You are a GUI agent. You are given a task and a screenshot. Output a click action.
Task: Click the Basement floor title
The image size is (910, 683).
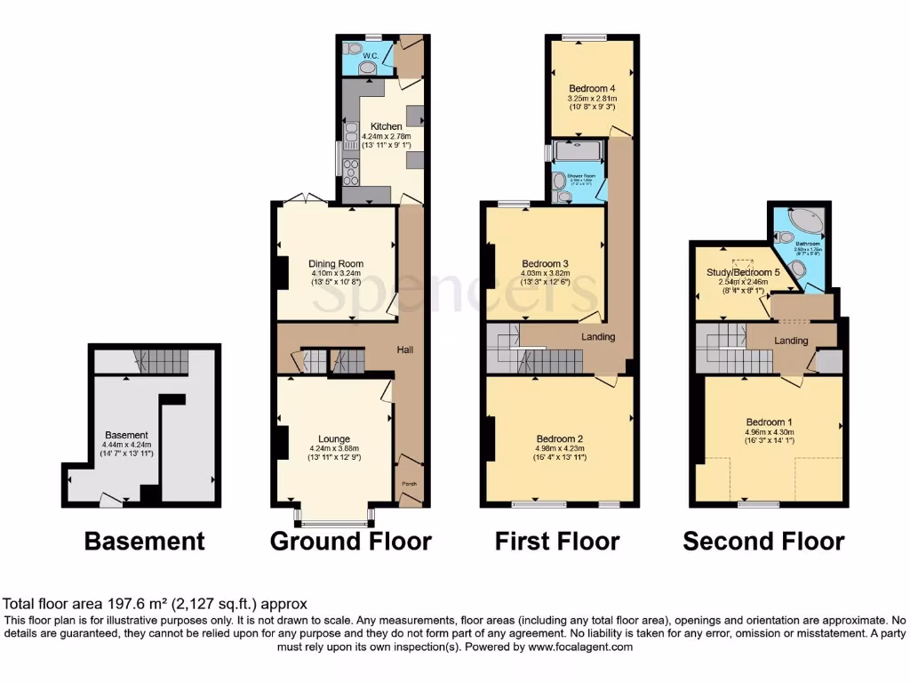coord(144,541)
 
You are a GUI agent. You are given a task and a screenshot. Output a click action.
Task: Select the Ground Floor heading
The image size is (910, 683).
coord(350,541)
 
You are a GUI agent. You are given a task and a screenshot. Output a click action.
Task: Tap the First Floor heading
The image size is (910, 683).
coord(557,541)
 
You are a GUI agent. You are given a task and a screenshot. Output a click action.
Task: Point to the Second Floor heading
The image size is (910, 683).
coord(763,541)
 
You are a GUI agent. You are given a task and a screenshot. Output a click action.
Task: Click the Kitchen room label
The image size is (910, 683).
coord(387,126)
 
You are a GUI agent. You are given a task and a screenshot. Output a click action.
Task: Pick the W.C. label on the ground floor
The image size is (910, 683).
coord(370,55)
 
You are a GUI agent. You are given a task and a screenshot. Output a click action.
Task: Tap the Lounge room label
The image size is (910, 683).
coord(334,438)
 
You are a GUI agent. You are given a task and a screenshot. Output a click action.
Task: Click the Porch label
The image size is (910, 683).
coord(409,484)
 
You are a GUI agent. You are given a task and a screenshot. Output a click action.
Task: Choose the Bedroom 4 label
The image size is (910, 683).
coord(592,88)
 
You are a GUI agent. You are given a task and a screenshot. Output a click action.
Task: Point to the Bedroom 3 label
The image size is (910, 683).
coord(545,263)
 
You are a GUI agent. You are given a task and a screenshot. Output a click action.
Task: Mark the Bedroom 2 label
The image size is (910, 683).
coord(559,438)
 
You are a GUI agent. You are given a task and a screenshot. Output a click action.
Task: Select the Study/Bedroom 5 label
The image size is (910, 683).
coord(743,272)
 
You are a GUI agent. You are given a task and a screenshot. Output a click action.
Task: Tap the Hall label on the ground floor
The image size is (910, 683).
coord(405,350)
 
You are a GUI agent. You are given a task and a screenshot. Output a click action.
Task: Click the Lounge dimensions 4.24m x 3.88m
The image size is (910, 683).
coord(334,448)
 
